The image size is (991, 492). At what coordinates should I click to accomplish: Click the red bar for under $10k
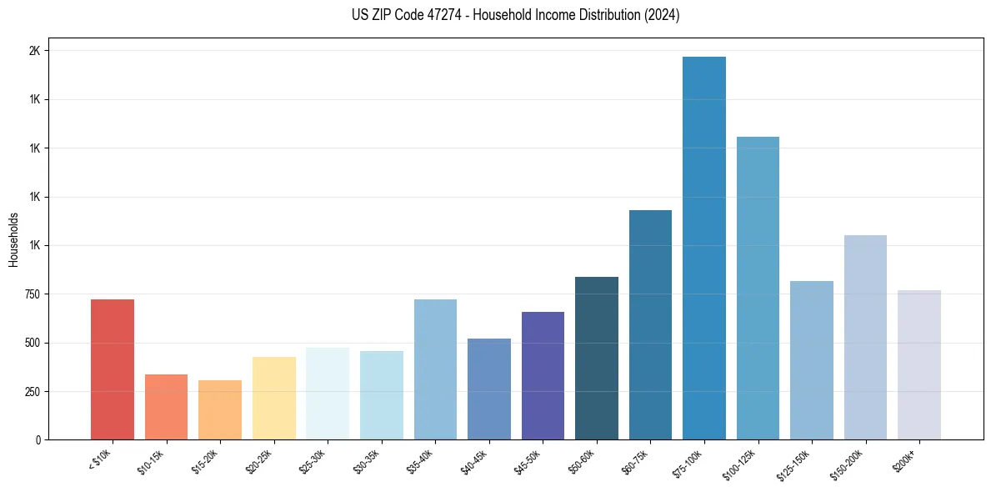(x=113, y=369)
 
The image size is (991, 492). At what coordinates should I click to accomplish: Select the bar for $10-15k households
(x=166, y=407)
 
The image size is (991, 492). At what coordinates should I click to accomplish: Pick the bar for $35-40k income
(x=435, y=369)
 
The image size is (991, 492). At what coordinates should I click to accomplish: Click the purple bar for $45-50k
(x=543, y=375)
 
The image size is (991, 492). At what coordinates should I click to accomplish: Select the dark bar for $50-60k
(x=597, y=358)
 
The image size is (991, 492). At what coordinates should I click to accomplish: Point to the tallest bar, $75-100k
(x=704, y=248)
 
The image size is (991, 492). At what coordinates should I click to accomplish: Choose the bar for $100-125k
(x=758, y=288)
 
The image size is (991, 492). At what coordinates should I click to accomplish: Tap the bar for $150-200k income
(x=865, y=337)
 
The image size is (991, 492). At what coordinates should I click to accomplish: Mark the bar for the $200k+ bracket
(x=919, y=364)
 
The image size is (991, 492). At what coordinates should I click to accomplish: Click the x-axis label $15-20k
(x=207, y=462)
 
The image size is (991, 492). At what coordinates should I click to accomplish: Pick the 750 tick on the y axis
(x=32, y=294)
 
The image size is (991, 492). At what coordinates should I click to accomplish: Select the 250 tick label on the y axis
(x=32, y=392)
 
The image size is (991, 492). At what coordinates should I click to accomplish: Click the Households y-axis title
(x=13, y=239)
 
